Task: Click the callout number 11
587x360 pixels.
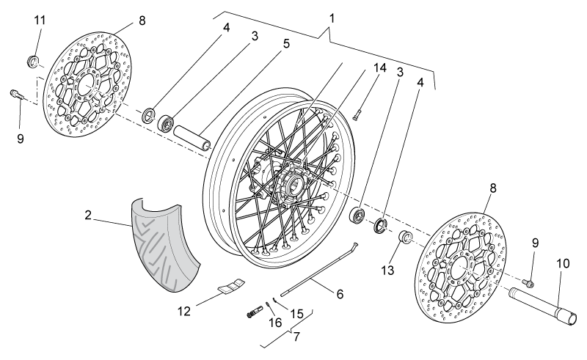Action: click(x=40, y=20)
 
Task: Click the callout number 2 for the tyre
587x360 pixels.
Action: click(x=88, y=215)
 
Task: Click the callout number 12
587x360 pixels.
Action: click(x=184, y=311)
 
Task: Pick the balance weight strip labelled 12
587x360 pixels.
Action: click(x=231, y=285)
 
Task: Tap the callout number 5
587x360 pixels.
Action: click(x=286, y=43)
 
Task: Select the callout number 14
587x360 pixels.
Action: click(x=379, y=67)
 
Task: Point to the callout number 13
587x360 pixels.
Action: click(x=388, y=271)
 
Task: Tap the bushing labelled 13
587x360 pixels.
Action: click(x=405, y=237)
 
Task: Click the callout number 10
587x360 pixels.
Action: click(x=563, y=263)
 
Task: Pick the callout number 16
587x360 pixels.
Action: click(x=275, y=322)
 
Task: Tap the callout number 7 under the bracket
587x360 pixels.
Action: click(x=296, y=337)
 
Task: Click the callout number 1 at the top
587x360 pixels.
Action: click(x=332, y=18)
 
